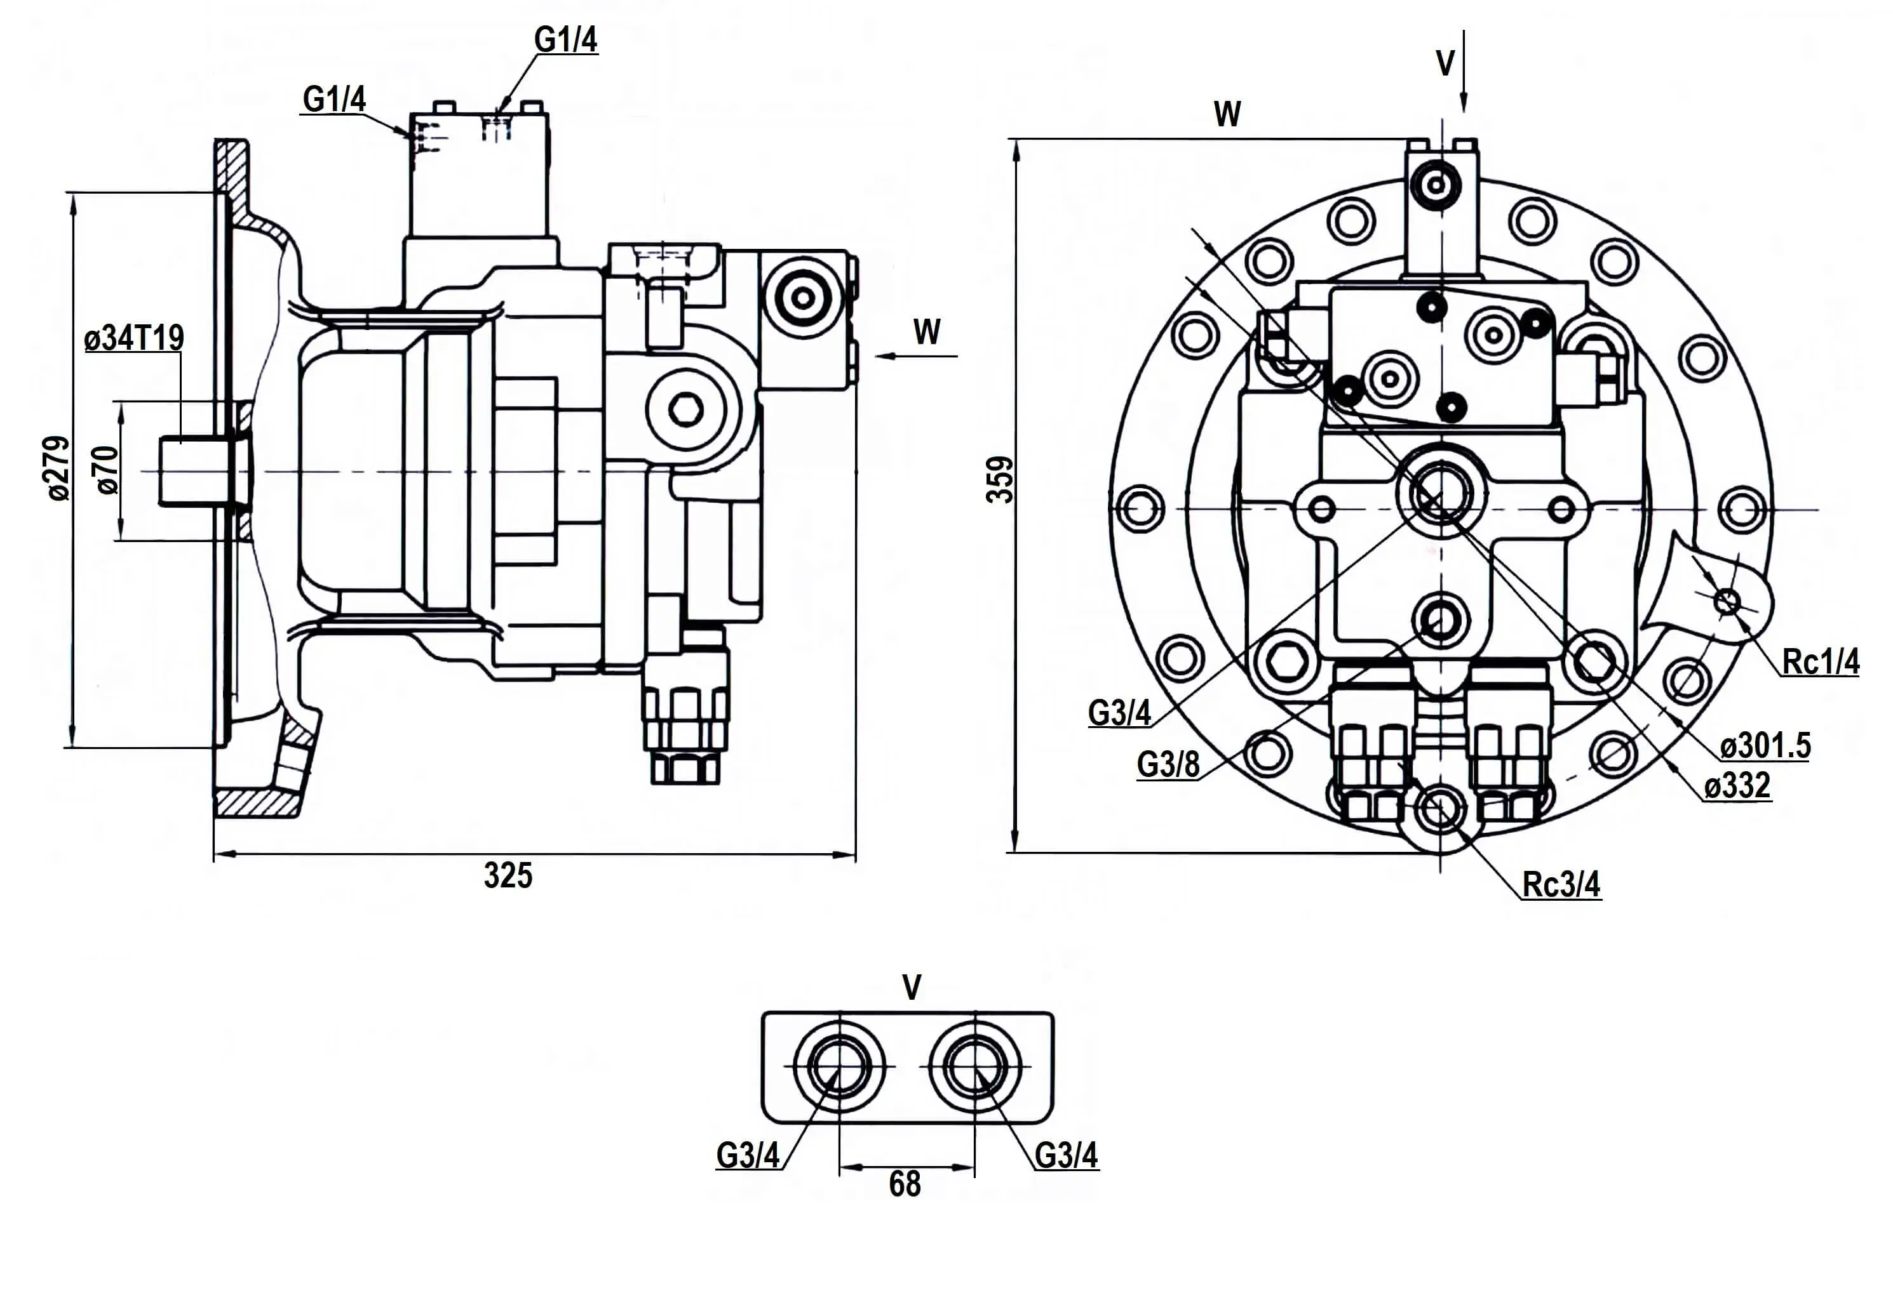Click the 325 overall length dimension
tap(508, 875)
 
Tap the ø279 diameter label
tap(58, 468)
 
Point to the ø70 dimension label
tap(107, 471)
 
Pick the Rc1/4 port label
tap(1821, 661)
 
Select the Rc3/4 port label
tap(1561, 884)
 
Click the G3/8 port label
tap(1168, 764)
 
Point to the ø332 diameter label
tap(1737, 786)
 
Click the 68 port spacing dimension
tap(905, 1184)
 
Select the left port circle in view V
tap(839, 1066)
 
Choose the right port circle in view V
tap(974, 1066)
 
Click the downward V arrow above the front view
tap(1464, 73)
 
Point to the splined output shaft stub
tap(196, 472)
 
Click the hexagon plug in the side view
tap(686, 409)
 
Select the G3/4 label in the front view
tap(1119, 713)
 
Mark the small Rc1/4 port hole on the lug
tap(1725, 602)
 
